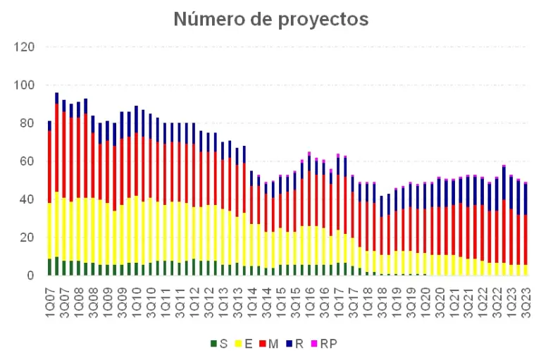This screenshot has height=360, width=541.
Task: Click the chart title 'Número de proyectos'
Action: [x=270, y=19]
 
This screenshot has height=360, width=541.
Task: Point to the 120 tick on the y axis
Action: [x=25, y=47]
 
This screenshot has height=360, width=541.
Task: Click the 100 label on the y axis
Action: [x=25, y=85]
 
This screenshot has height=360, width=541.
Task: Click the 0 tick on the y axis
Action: [x=31, y=275]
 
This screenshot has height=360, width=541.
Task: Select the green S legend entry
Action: [x=219, y=343]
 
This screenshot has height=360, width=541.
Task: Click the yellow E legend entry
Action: [x=247, y=343]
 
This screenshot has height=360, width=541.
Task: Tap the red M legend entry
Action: [x=275, y=343]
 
